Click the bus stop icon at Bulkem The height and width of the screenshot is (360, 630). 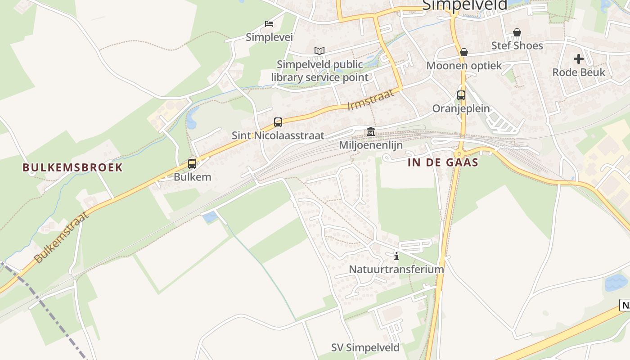point(192,164)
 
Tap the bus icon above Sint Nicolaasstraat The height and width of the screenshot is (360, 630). point(278,122)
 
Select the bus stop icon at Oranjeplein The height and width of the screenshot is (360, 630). point(461,95)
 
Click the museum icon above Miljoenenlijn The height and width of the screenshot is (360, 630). point(371,132)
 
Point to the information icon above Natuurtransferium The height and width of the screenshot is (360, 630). point(396,256)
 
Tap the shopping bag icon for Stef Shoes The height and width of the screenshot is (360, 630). point(517,32)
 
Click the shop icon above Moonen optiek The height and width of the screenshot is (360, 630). point(464,52)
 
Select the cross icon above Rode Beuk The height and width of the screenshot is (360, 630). point(579,59)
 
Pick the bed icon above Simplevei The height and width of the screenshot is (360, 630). point(269,24)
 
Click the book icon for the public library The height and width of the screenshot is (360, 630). point(319,51)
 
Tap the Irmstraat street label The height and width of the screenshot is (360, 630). point(371,100)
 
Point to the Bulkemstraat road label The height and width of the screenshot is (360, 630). point(62,237)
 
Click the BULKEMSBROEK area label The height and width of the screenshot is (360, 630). point(72,168)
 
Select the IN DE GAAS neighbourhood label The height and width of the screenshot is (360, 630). point(443,163)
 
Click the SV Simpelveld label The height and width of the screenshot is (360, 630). point(365,348)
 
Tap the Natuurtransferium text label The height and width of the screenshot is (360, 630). point(396,270)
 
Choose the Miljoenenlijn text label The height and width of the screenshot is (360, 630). point(371,145)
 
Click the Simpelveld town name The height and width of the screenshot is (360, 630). point(464,4)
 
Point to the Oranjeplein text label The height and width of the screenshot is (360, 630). point(461,108)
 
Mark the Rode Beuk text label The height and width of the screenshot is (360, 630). point(579,72)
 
